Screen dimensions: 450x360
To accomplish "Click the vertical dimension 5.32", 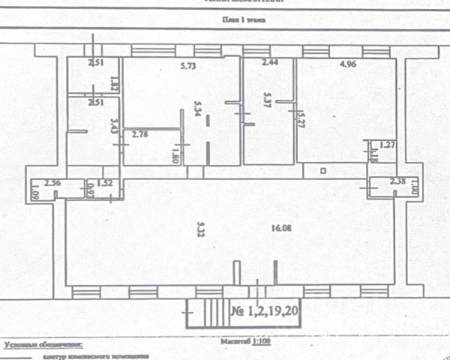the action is pyautogui.click(x=200, y=227).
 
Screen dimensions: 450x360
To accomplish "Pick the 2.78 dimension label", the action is pyautogui.click(x=140, y=134).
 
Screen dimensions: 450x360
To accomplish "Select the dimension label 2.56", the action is pyautogui.click(x=52, y=182).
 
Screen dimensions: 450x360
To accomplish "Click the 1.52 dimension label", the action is pyautogui.click(x=104, y=182).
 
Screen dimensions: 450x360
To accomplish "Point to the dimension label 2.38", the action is pyautogui.click(x=397, y=181).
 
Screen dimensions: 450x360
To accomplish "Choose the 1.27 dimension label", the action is pyautogui.click(x=386, y=145).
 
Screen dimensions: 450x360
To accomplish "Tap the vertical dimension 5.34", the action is pyautogui.click(x=197, y=112).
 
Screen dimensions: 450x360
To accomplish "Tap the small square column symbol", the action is pyautogui.click(x=322, y=170).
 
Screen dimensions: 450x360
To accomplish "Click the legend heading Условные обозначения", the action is pyautogui.click(x=42, y=346).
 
